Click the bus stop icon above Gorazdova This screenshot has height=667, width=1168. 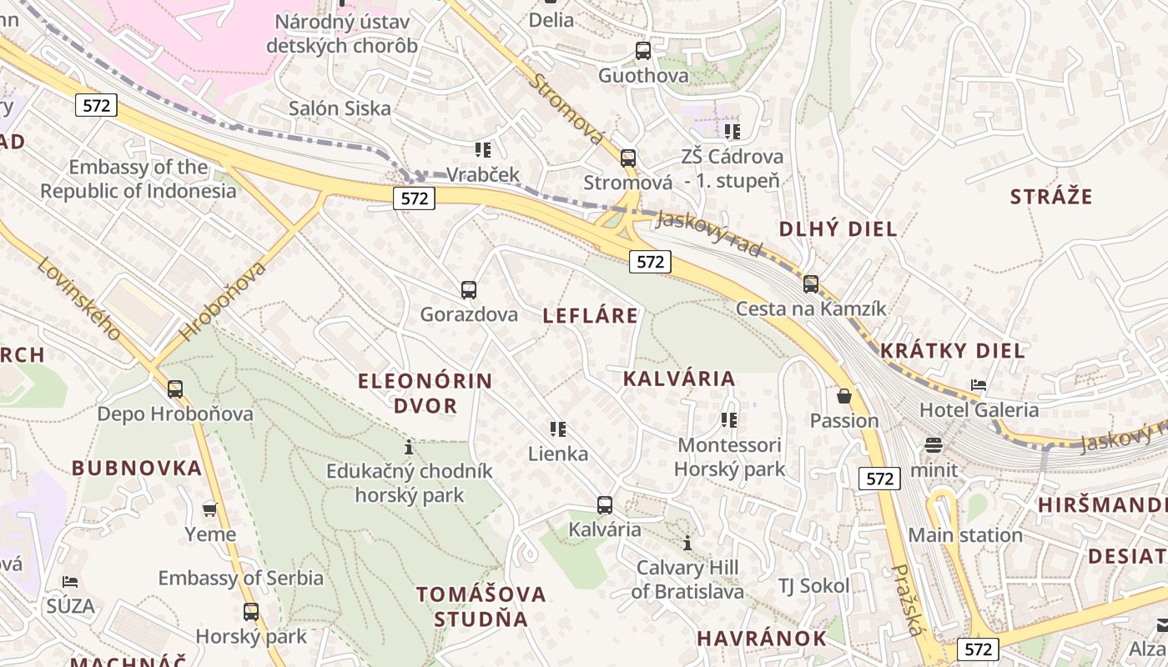[469, 290]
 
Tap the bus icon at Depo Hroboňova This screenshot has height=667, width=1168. [175, 389]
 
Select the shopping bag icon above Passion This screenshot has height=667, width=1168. [844, 396]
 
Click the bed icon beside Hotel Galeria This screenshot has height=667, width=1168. [979, 385]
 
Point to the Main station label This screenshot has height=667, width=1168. [965, 535]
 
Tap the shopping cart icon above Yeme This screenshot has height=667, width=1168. [210, 509]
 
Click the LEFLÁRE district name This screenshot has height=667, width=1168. [591, 315]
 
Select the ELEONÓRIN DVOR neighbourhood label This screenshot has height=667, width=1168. [425, 394]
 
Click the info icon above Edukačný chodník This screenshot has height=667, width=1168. [409, 446]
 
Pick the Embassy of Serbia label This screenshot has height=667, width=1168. [241, 578]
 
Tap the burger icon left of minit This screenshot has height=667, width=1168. [933, 445]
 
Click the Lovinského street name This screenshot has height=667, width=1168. [79, 298]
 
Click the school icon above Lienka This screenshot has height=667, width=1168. [558, 429]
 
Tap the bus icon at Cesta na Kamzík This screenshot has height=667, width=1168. [811, 284]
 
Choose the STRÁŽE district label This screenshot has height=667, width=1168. [1051, 197]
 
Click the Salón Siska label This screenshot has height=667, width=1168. [340, 108]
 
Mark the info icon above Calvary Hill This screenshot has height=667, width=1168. [687, 544]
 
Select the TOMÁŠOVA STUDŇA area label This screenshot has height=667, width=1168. [481, 606]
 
